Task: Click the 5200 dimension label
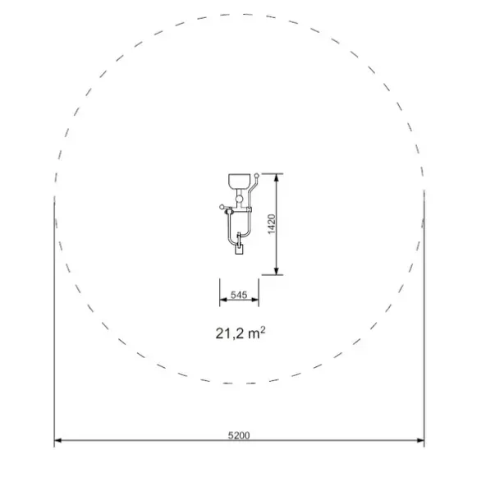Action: click(x=239, y=435)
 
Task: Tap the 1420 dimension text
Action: click(x=272, y=224)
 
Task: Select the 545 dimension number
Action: click(x=239, y=295)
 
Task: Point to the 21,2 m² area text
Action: click(x=241, y=333)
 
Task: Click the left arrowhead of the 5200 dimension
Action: click(x=57, y=440)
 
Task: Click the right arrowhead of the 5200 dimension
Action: click(x=420, y=440)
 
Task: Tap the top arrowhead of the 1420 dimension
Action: click(x=277, y=177)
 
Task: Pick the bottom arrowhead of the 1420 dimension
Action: click(x=277, y=271)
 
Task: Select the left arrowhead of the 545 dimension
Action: click(x=223, y=300)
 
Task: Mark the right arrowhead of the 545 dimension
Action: click(x=255, y=300)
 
